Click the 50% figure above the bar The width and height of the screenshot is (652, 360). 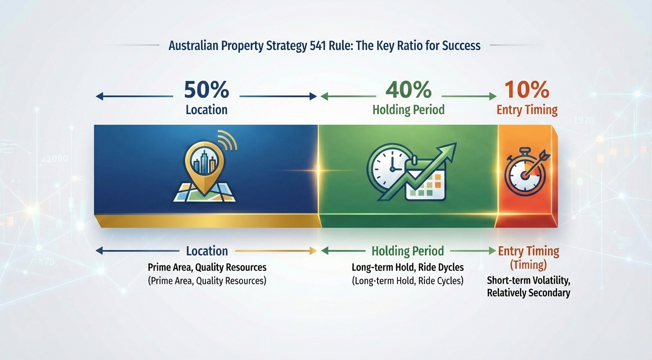[207, 90]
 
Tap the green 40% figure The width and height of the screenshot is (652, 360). [408, 90]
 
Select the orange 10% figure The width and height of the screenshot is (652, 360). [527, 90]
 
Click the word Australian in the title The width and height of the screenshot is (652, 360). [193, 46]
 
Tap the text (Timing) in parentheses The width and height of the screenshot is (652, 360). [528, 265]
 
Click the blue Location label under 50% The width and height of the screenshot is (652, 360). [207, 110]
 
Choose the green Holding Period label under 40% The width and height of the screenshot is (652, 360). [408, 110]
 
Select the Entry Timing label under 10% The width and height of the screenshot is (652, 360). [527, 110]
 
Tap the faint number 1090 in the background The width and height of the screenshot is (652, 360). [57, 159]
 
